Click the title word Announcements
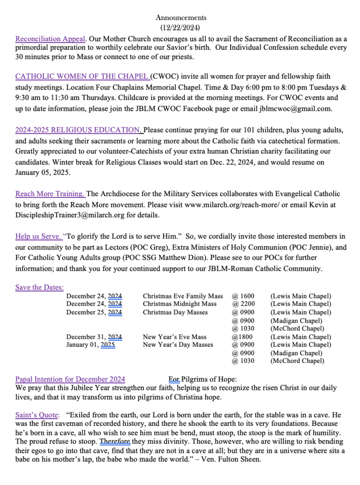[181, 18]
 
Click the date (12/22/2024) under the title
[181, 28]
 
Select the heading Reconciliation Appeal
[50, 39]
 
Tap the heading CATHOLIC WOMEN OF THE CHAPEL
[82, 76]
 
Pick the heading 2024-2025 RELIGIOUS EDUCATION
[78, 130]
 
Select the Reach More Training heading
[50, 194]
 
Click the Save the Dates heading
[39, 287]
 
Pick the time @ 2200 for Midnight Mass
[243, 304]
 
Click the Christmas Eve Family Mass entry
[183, 296]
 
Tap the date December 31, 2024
[94, 337]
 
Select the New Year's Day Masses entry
[178, 345]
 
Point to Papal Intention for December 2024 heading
[70, 379]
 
